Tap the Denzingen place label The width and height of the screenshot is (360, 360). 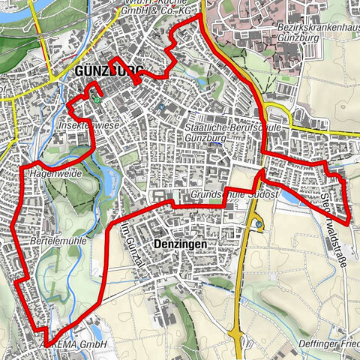pos(179,244)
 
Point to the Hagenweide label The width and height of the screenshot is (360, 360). pos(58,173)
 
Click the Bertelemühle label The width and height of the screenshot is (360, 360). pos(58,244)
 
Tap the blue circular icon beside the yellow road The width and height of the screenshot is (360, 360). pos(259,223)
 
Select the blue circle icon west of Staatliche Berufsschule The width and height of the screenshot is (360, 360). pos(162,107)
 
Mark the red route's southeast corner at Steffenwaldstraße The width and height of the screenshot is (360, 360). pos(349,221)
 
